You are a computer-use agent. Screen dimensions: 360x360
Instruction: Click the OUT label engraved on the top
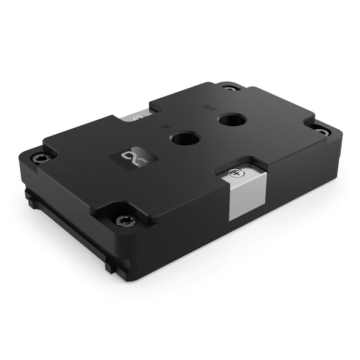point(210,108)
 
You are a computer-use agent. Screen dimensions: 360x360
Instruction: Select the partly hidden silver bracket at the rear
point(135,117)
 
